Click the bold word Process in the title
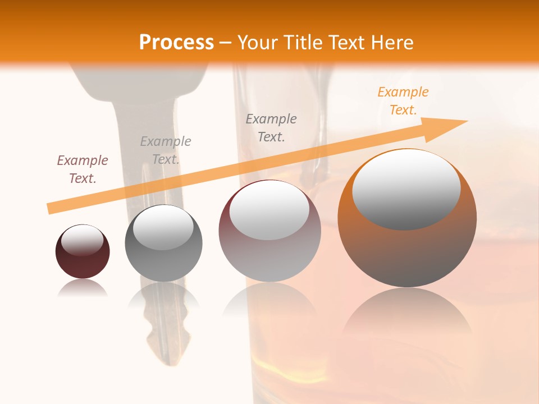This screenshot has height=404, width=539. coord(176,42)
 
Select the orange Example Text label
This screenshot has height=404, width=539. coord(403,101)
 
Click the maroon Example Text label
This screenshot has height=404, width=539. coord(82,169)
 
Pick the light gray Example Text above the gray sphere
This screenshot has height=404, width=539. coord(165,150)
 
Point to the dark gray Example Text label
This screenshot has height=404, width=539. coord(271,127)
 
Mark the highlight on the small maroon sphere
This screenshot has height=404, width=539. coord(82,240)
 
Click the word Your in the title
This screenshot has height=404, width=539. coord(258,42)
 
